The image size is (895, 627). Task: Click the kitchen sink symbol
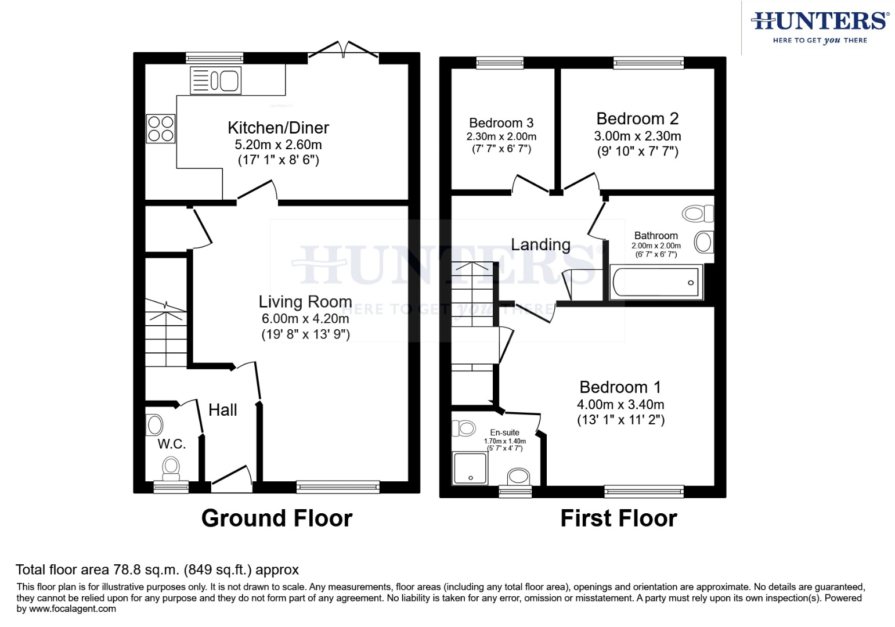click(x=215, y=81)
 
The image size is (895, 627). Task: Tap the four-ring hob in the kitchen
click(x=160, y=129)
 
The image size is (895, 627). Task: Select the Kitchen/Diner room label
click(x=278, y=128)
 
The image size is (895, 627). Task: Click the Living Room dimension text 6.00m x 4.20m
click(x=305, y=319)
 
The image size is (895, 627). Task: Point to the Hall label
click(x=222, y=410)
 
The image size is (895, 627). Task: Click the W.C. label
click(x=171, y=444)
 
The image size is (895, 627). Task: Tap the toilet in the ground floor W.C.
click(x=171, y=468)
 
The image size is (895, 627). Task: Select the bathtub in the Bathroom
click(x=656, y=283)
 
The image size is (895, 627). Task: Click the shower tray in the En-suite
click(x=471, y=469)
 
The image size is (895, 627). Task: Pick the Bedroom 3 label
click(x=501, y=123)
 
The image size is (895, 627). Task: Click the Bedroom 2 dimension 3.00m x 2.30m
click(x=637, y=136)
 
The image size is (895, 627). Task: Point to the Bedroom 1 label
click(x=620, y=387)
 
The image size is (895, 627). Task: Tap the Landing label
click(x=540, y=245)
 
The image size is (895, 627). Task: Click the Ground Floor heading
click(x=276, y=518)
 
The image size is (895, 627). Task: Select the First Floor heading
click(x=618, y=518)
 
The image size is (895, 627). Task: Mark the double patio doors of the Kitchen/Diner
click(x=344, y=51)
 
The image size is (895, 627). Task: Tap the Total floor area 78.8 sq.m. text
click(x=157, y=570)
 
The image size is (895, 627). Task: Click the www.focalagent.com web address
click(x=72, y=609)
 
